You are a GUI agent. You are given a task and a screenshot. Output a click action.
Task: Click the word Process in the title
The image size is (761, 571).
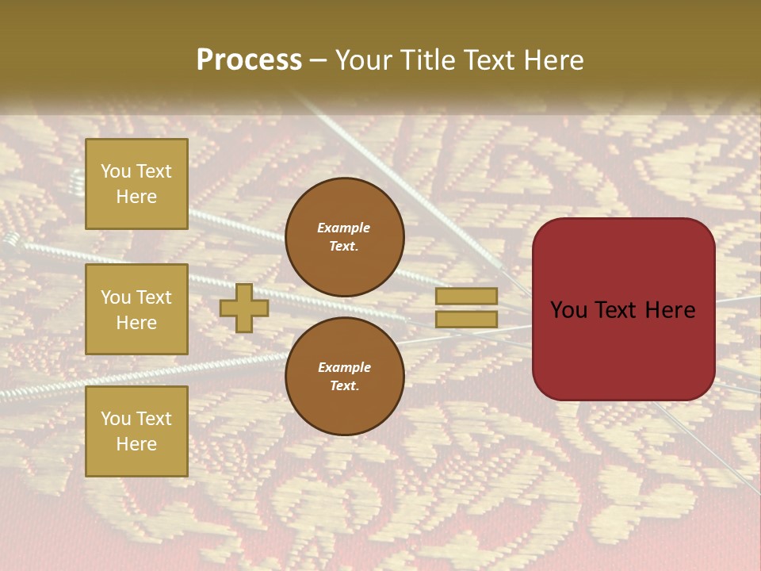click(249, 60)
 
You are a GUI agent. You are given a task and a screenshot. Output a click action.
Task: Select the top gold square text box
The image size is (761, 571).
click(136, 184)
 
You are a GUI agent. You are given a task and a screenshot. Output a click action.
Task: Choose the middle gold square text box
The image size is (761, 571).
click(136, 309)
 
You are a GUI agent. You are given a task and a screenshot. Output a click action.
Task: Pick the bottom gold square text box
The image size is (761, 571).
click(136, 431)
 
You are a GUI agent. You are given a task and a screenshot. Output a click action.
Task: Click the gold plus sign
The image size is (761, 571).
click(244, 308)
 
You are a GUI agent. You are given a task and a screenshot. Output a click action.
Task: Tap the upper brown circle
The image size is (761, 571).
click(344, 237)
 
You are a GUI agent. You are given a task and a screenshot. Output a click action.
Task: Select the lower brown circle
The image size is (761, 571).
click(344, 376)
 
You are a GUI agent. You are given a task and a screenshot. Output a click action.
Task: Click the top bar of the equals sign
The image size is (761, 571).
click(466, 296)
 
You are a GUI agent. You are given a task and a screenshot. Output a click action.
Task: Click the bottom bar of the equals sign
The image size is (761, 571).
click(466, 319)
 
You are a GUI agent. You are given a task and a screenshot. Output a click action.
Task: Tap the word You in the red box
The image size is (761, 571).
click(570, 310)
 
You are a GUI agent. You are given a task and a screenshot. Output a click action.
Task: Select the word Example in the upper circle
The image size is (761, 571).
click(344, 228)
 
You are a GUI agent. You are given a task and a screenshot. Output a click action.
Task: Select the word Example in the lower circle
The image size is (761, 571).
click(344, 367)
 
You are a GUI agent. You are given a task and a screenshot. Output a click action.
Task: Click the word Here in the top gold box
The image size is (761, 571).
click(136, 197)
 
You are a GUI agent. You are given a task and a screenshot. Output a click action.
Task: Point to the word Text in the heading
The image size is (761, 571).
click(488, 60)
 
